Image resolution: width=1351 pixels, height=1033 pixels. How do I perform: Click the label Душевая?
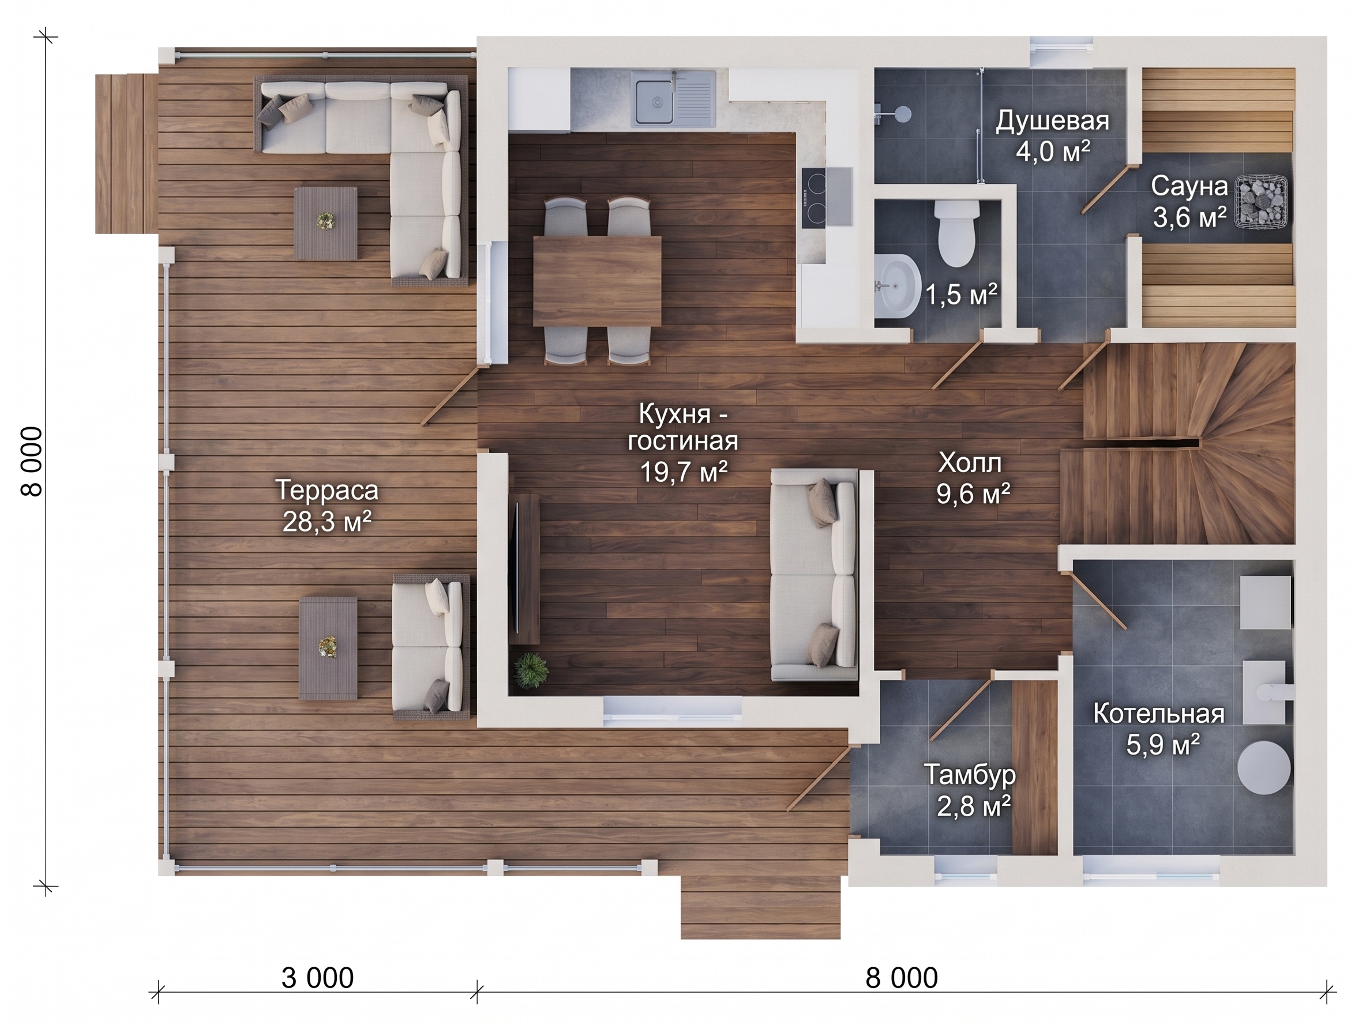[x=1052, y=121]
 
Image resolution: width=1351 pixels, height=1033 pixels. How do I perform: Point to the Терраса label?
[x=327, y=491]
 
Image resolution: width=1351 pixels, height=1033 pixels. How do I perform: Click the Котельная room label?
[x=1158, y=714]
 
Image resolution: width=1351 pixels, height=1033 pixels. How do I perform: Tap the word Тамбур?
[x=970, y=775]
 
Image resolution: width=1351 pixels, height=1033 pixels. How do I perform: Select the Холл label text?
[x=970, y=463]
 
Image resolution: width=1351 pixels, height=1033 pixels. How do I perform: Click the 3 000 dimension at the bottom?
[x=317, y=978]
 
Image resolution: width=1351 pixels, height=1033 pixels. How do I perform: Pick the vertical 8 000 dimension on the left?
[x=32, y=462]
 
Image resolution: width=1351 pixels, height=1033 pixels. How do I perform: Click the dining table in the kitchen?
[x=596, y=281]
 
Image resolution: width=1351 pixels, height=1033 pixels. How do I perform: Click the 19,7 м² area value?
[x=684, y=472]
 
